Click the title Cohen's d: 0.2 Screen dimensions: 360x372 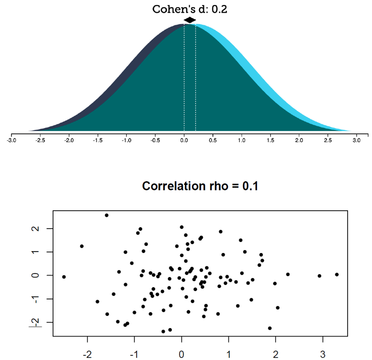click(x=190, y=9)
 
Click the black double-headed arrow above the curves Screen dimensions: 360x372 click(x=190, y=20)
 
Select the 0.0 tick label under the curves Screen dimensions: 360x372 click(x=184, y=140)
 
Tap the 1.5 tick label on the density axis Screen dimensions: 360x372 click(x=270, y=140)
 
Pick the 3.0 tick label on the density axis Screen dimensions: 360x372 click(x=357, y=140)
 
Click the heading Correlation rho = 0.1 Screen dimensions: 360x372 click(x=200, y=186)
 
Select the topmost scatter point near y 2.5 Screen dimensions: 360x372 click(x=106, y=215)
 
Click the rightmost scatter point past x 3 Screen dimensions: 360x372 click(x=337, y=275)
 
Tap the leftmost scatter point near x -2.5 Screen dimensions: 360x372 click(x=64, y=277)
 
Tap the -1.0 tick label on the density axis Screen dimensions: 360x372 click(x=126, y=140)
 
